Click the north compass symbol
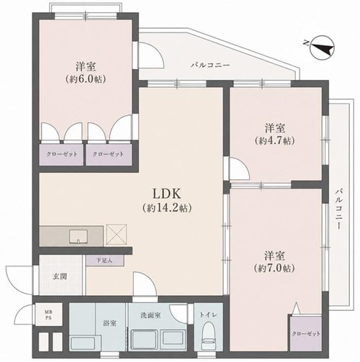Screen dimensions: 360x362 tap(321, 47)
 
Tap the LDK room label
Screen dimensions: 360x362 tap(167, 194)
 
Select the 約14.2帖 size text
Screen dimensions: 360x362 tap(167, 208)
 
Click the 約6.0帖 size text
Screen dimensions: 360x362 tap(86, 79)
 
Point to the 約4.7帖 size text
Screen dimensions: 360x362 tap(275, 140)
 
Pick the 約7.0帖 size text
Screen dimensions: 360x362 tap(275, 268)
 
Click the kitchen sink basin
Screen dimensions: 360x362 tap(78, 237)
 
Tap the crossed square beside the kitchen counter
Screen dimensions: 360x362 tap(117, 235)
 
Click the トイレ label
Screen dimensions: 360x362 tap(208, 315)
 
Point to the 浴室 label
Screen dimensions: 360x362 tap(110, 323)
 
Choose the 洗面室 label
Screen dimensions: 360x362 tap(150, 315)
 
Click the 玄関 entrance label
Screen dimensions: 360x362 tap(60, 276)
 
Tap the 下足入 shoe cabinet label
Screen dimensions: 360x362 tap(104, 261)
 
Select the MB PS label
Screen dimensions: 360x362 tap(49, 315)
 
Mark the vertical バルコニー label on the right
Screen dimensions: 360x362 tap(338, 209)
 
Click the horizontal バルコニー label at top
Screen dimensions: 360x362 tap(210, 65)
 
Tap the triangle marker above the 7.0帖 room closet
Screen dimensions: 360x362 tap(297, 307)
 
